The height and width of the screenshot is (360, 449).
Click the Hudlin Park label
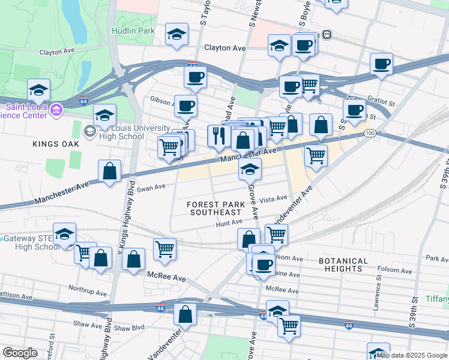[133, 31]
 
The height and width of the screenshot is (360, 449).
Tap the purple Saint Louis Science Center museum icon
[57, 109]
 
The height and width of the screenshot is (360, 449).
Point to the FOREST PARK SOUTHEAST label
[215, 208]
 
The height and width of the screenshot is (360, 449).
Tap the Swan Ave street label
[151, 188]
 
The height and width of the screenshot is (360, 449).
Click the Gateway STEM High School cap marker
[65, 235]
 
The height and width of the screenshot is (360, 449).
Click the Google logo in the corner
[20, 353]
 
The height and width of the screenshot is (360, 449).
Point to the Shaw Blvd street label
[130, 328]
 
